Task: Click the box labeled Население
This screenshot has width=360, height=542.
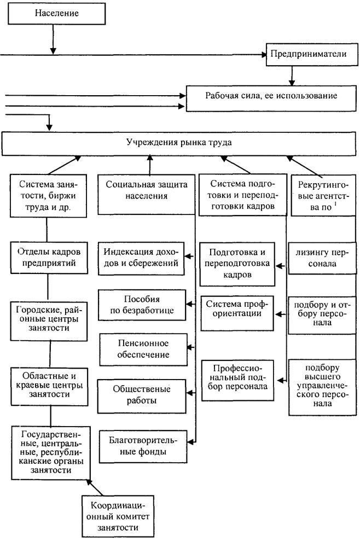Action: [57, 14]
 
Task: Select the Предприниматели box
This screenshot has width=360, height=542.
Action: [312, 54]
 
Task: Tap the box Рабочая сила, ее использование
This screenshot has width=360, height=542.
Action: [271, 98]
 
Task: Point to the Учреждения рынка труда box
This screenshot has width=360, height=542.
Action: [179, 143]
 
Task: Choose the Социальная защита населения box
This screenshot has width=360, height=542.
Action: [147, 194]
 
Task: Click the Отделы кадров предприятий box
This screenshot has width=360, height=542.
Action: [49, 258]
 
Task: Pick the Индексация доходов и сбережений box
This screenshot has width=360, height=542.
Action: [141, 259]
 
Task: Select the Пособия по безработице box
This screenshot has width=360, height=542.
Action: [142, 305]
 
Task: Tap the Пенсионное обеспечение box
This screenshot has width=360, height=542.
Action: [143, 349]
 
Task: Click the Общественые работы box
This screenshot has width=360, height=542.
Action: [142, 396]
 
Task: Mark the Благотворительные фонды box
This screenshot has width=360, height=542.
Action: [143, 447]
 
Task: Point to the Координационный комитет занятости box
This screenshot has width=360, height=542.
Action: [118, 516]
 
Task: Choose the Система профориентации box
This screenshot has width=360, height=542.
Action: [237, 313]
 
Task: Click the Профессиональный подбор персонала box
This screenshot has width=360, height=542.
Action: [238, 380]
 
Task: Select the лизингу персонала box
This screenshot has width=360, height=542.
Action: [322, 258]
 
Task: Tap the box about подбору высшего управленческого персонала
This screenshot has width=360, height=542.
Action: [322, 387]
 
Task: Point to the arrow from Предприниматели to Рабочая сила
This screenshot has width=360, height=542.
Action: [292, 75]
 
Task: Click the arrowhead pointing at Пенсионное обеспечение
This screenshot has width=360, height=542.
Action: [190, 347]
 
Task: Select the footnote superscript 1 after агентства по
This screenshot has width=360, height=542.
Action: [335, 204]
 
